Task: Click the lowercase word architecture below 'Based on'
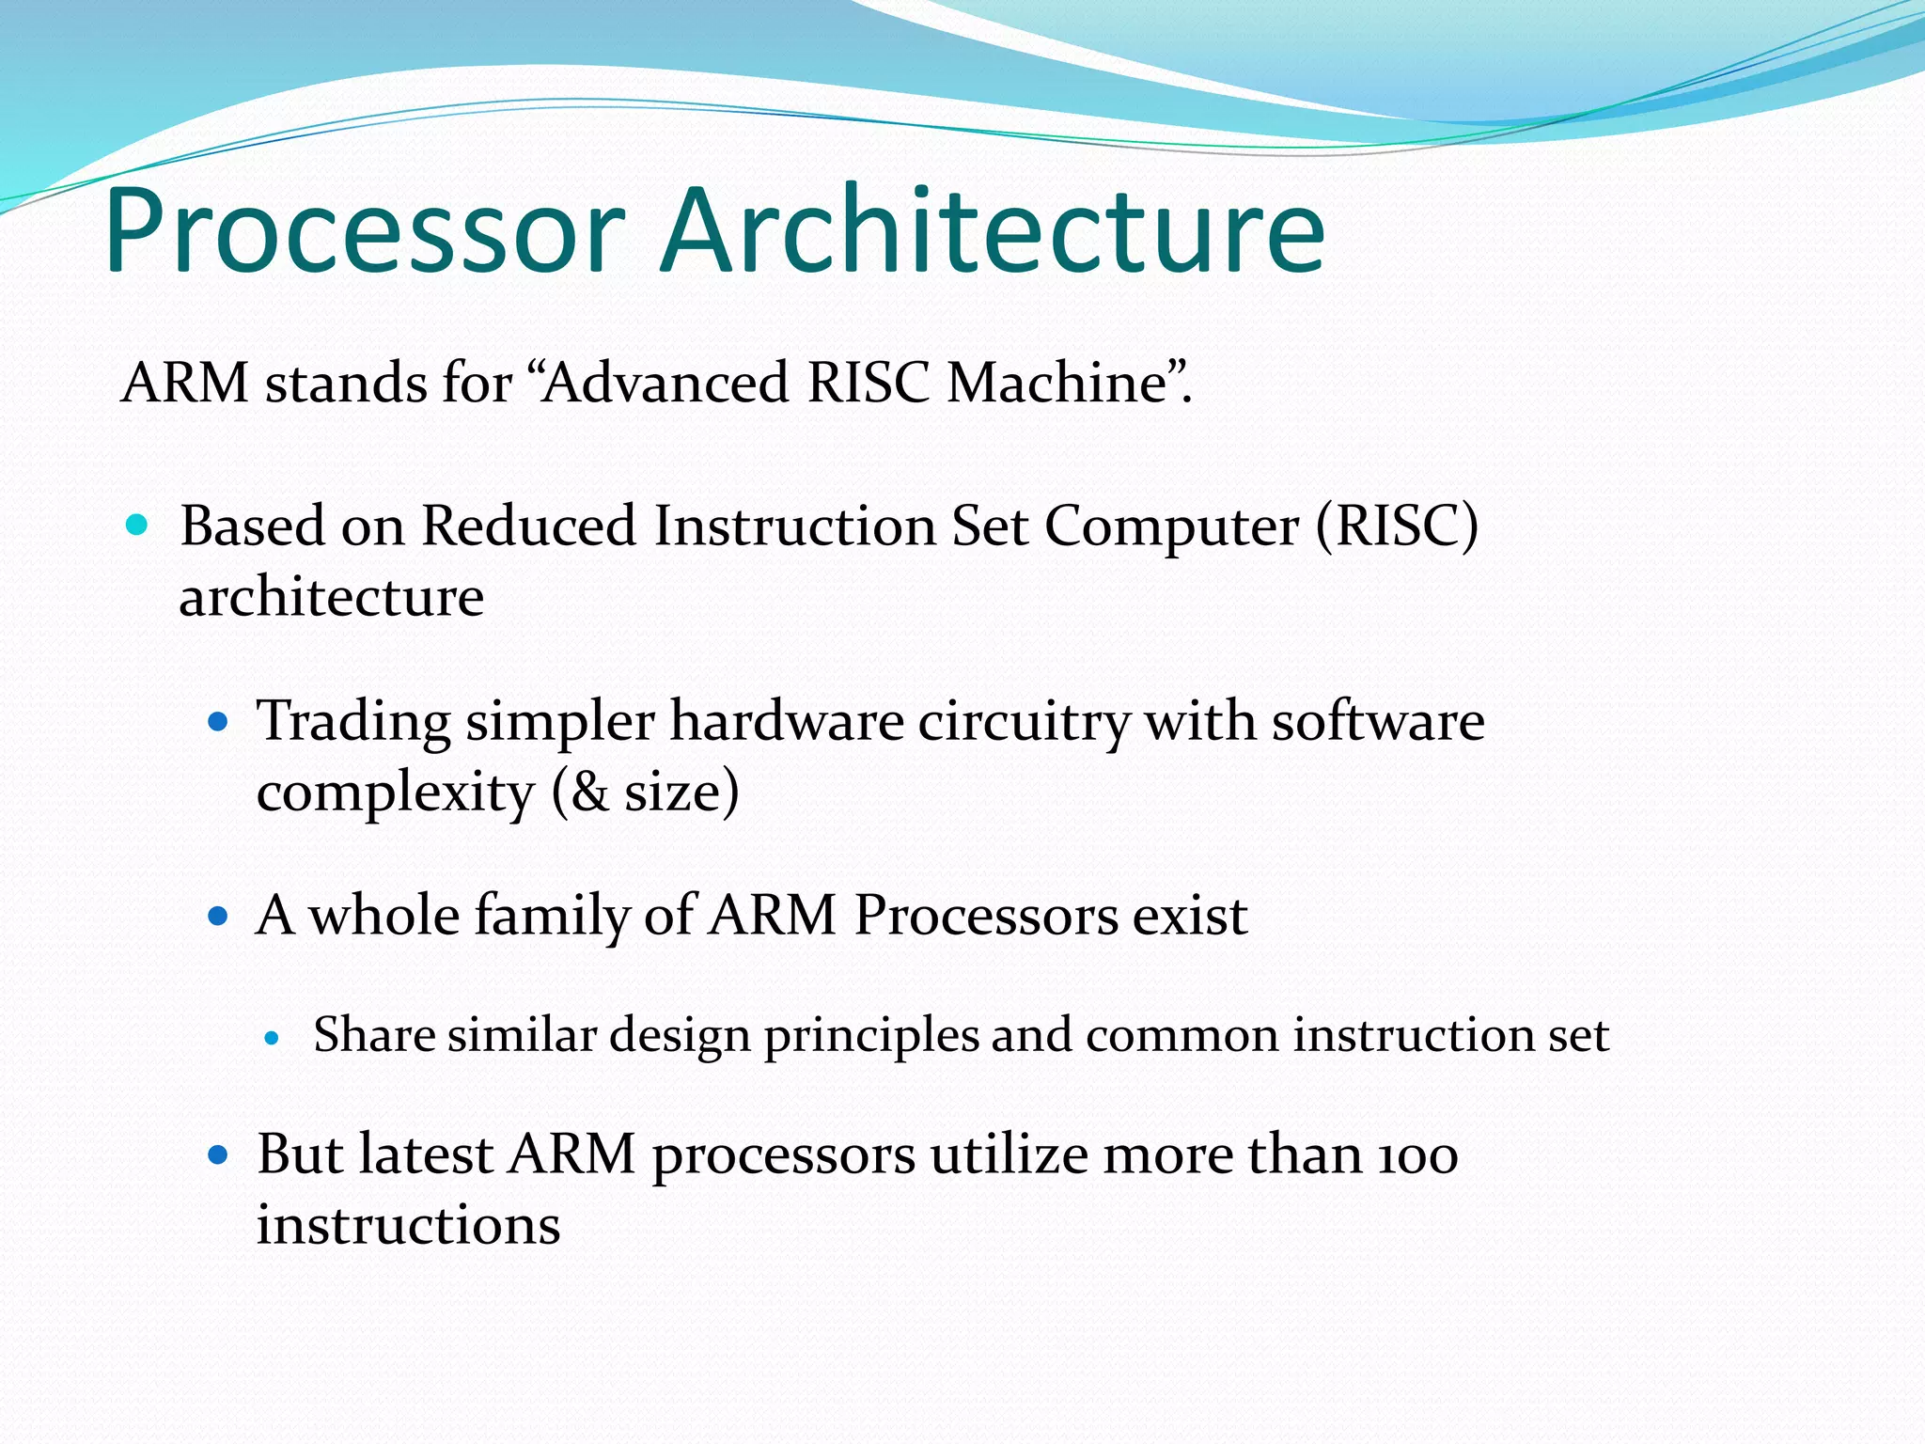pos(331,597)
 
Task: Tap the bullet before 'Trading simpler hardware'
pos(218,722)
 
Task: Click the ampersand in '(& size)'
pos(588,793)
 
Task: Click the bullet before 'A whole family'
pos(218,916)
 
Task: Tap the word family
pos(551,916)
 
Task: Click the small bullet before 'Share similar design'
pos(273,1038)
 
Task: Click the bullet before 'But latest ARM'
pos(218,1154)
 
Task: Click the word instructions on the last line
pos(408,1226)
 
